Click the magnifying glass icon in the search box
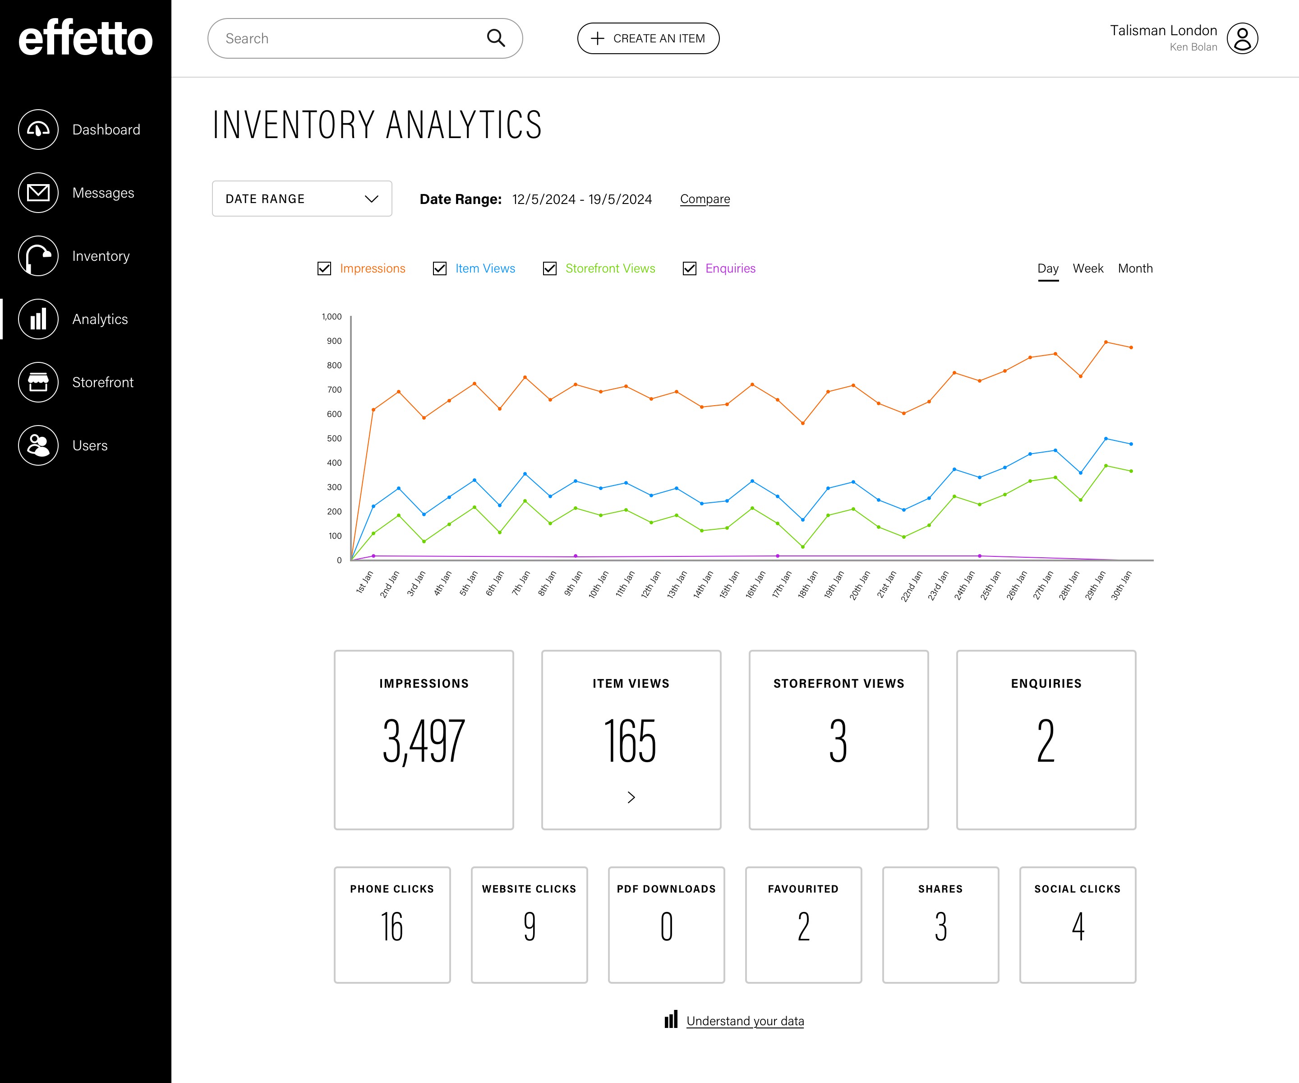coord(496,38)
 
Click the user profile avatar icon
coord(1242,38)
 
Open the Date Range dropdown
coord(302,199)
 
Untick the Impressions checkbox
coord(324,268)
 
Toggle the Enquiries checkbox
coord(690,268)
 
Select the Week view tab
coord(1087,268)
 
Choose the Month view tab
coord(1135,268)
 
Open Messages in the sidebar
coord(103,193)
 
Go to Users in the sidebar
coord(90,445)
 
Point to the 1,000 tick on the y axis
coord(332,317)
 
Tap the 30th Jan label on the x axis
coord(1121,585)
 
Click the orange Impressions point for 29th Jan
coord(1106,342)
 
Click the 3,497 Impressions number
coord(424,741)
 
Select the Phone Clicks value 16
coord(392,927)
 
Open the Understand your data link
coord(745,1021)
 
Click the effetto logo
coord(85,38)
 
